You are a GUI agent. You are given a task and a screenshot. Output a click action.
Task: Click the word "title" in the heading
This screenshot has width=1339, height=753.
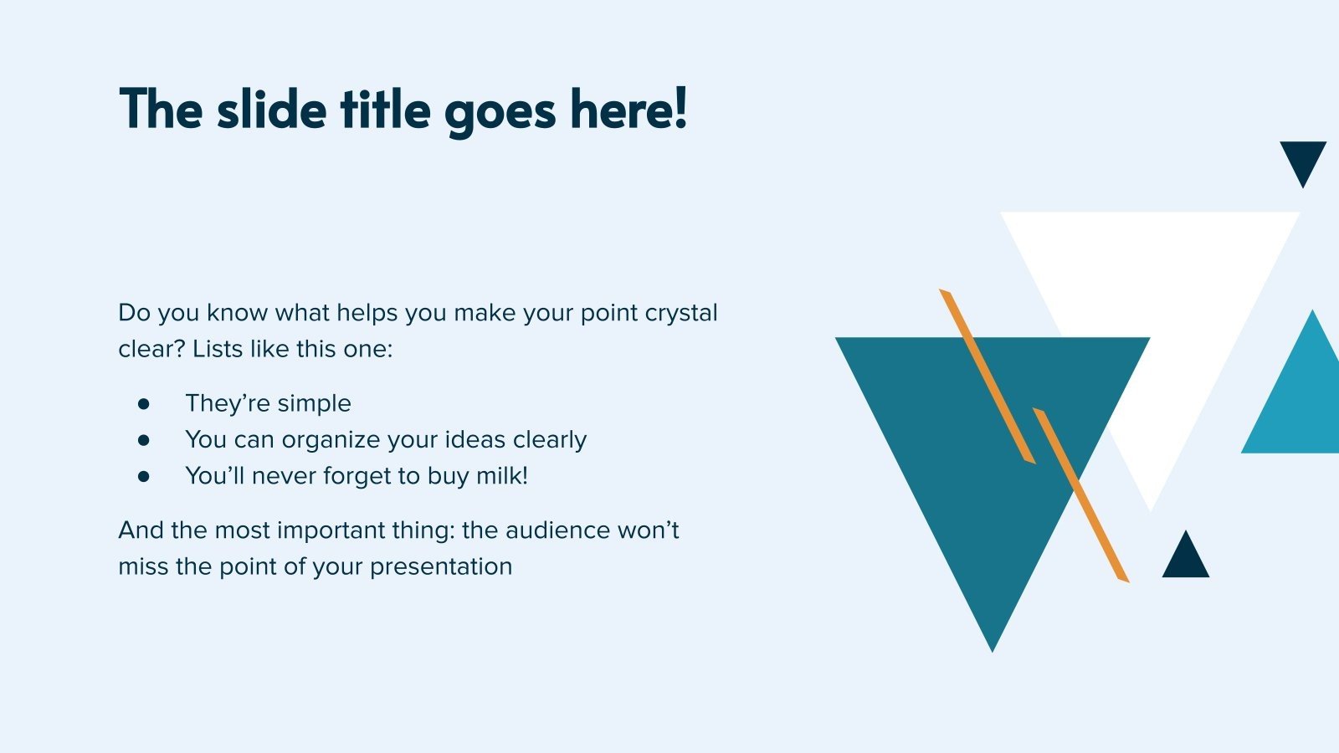click(x=385, y=109)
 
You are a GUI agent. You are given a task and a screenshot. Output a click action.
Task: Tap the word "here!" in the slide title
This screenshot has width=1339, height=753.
click(x=628, y=108)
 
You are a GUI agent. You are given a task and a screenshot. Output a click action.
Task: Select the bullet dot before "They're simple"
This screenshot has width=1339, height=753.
click(x=143, y=404)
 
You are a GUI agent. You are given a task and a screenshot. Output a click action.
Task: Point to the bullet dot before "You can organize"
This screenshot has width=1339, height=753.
click(x=143, y=440)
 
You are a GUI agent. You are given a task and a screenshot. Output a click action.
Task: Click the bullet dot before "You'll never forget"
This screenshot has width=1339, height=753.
click(x=143, y=476)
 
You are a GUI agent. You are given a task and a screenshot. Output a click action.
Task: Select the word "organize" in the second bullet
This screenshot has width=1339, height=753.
click(x=331, y=440)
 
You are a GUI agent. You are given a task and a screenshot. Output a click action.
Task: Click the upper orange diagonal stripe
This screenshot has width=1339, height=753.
click(x=987, y=376)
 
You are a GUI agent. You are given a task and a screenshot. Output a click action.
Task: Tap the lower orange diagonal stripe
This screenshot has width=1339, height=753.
click(x=1080, y=494)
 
